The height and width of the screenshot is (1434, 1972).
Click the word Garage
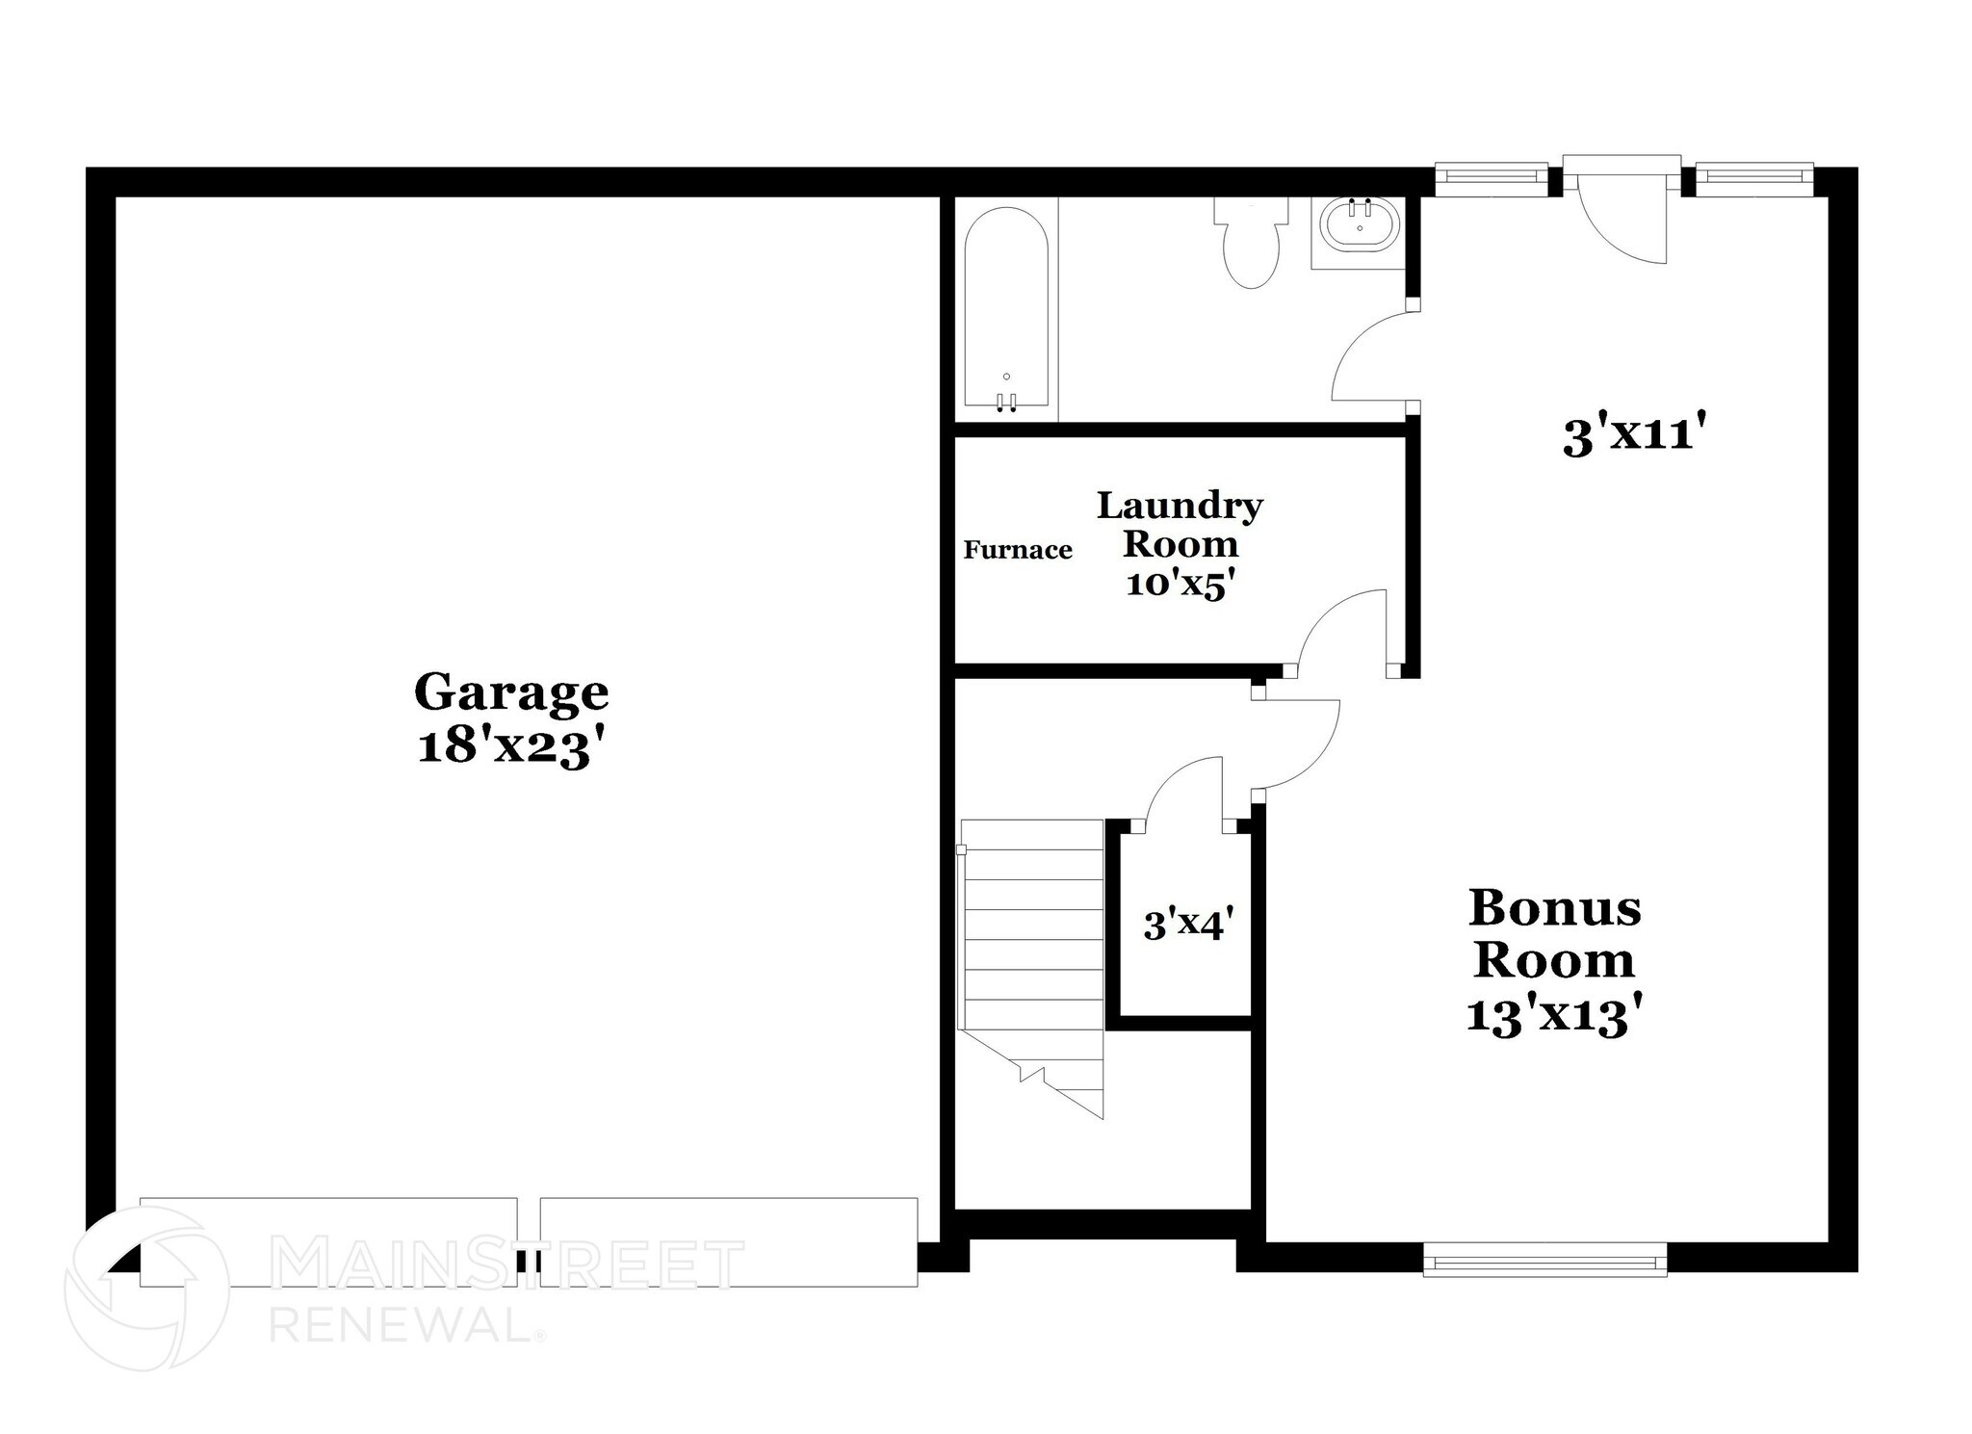click(511, 691)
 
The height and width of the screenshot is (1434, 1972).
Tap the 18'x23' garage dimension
click(511, 746)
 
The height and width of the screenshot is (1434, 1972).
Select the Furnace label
click(1018, 550)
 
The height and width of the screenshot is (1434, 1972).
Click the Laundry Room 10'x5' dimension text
click(1180, 585)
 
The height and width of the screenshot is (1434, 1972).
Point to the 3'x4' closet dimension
click(1188, 926)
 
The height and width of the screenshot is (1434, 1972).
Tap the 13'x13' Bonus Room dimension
click(1553, 1015)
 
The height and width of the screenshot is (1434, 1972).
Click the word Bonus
click(1554, 907)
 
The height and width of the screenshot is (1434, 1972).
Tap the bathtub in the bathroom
click(1006, 313)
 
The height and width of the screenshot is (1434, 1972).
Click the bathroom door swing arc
click(1367, 356)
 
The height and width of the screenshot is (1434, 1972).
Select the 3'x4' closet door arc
click(1181, 785)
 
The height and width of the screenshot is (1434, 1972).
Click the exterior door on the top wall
click(1622, 217)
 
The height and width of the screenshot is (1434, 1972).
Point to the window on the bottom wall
click(1544, 1259)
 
